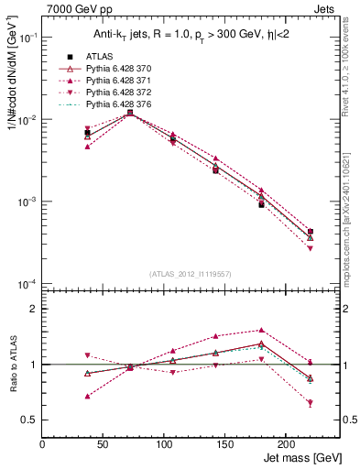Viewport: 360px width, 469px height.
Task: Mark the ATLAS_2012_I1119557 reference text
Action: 191,274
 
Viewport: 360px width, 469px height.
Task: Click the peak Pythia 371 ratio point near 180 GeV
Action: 261,330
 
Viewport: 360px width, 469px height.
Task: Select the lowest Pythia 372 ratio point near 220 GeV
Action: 311,403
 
